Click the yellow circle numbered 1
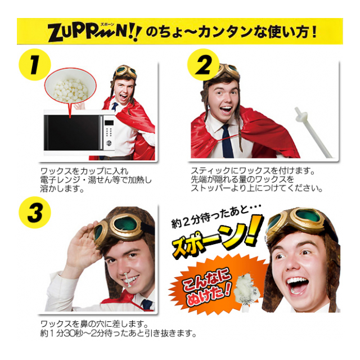(x=34, y=65)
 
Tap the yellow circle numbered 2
(x=204, y=65)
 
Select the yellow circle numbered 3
(x=35, y=212)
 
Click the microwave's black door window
(x=74, y=133)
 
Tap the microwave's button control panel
(x=109, y=133)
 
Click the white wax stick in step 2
(x=313, y=132)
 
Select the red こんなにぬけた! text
(x=206, y=286)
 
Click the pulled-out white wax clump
(x=246, y=290)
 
